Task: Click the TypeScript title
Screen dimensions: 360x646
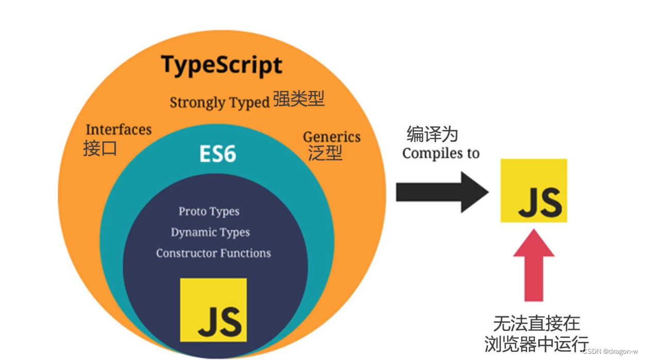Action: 222,65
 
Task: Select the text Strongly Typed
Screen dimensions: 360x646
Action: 220,102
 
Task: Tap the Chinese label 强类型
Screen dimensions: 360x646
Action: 299,99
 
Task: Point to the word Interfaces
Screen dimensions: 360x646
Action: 118,129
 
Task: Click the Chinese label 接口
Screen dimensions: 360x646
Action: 100,148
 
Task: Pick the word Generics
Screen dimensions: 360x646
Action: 332,137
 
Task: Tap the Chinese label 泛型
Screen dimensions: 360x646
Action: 325,153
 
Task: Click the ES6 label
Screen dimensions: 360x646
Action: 218,153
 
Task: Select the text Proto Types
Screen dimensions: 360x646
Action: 209,211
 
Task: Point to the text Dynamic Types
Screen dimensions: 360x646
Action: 210,232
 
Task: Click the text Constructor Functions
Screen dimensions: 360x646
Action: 213,253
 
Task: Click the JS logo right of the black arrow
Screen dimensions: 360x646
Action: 534,191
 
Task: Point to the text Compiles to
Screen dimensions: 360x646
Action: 441,153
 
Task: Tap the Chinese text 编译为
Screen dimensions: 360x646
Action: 432,135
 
